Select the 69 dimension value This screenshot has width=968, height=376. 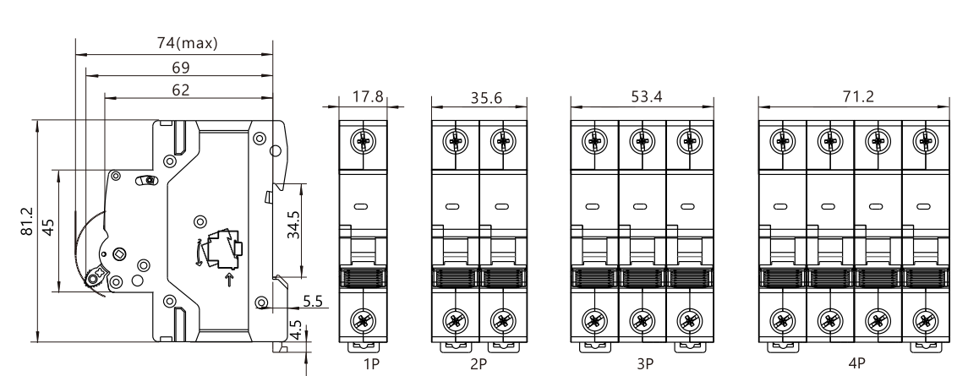pos(180,68)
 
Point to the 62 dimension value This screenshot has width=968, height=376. pos(180,89)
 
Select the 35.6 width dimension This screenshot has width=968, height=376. pos(480,99)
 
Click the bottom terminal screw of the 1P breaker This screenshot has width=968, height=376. pos(363,321)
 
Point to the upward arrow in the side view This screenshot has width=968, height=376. pos(229,280)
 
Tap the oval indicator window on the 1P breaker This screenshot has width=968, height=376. pos(363,205)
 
